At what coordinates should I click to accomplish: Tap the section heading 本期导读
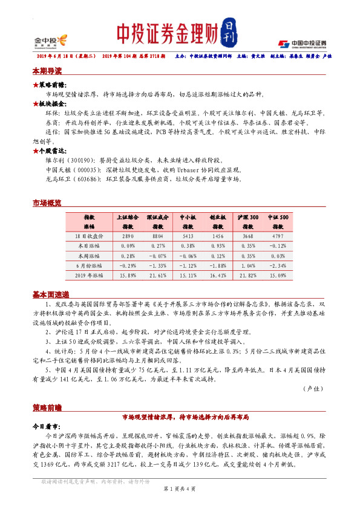click(x=47, y=71)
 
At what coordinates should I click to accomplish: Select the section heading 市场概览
click(x=47, y=204)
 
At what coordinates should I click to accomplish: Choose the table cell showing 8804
click(x=159, y=236)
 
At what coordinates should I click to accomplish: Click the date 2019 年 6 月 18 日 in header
click(x=61, y=56)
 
